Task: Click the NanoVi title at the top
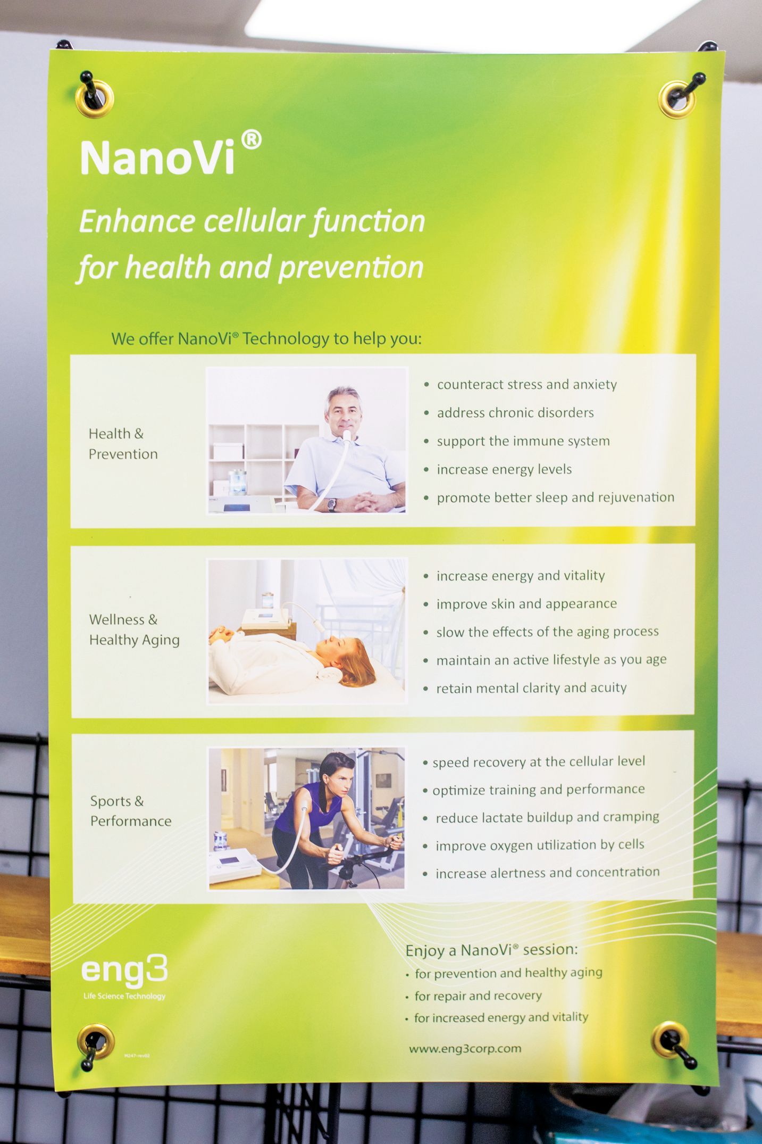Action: click(x=157, y=158)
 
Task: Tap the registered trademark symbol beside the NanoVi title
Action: click(x=251, y=140)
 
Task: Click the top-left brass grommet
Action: click(x=95, y=98)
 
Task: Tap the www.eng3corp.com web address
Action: click(x=465, y=1049)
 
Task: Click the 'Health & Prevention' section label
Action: click(x=123, y=444)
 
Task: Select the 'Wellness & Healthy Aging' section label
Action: click(x=135, y=629)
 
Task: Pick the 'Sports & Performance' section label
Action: click(x=131, y=811)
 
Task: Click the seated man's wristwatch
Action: click(x=332, y=504)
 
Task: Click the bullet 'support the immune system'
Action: click(x=523, y=441)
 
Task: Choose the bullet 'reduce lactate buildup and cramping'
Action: click(x=547, y=817)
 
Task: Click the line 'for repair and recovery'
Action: click(x=478, y=996)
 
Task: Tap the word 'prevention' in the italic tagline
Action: click(x=351, y=268)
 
